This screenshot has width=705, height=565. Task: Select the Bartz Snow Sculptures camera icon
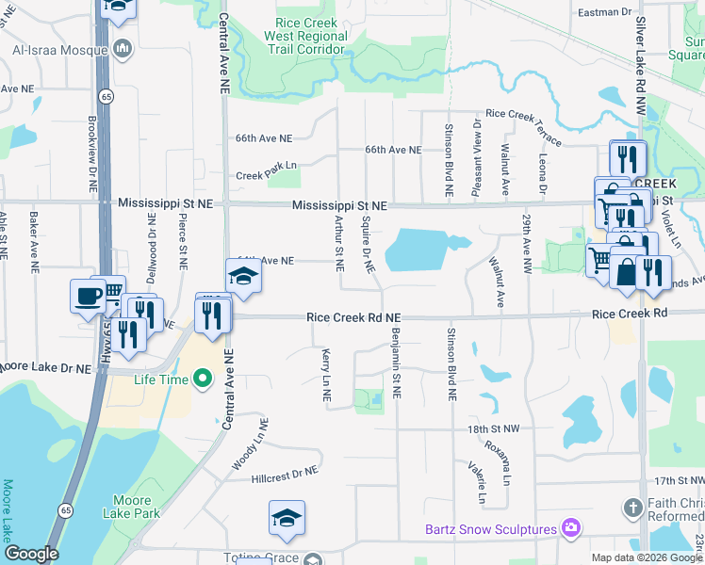[569, 529]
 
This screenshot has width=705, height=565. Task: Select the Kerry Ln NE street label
[326, 375]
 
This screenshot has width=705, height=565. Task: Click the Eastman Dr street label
[578, 11]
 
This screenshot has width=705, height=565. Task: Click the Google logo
[31, 554]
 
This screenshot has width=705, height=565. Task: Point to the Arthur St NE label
[338, 241]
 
